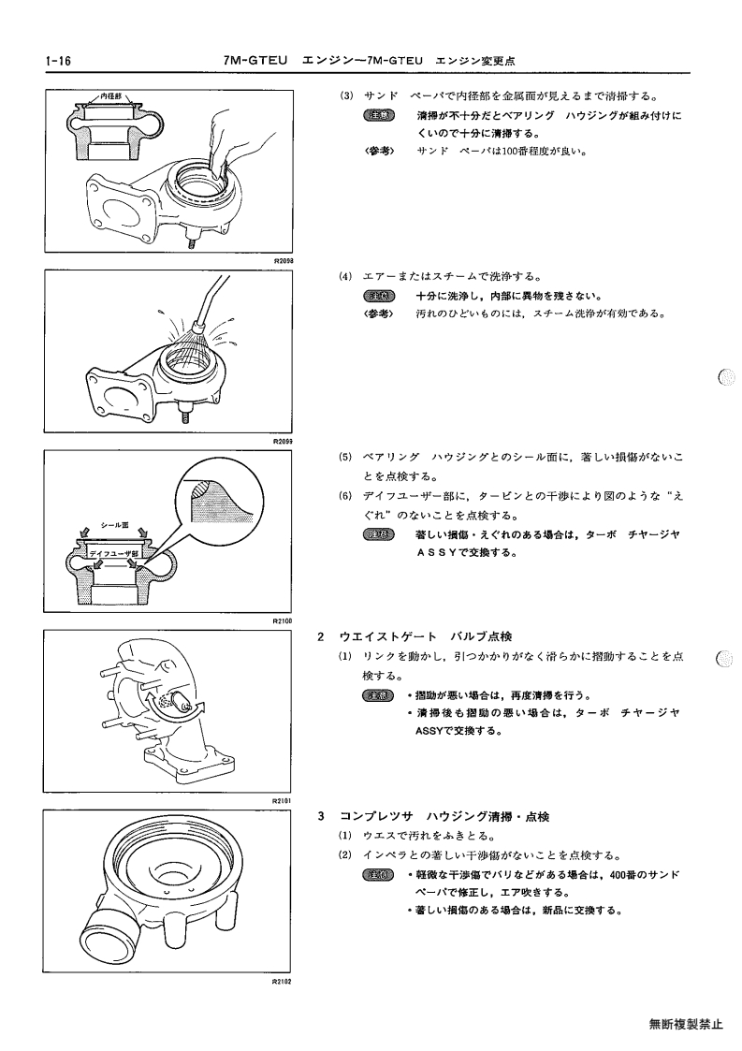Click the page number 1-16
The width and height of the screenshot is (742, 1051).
58,61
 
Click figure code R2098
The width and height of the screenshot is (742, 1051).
284,260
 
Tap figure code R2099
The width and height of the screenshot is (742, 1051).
284,442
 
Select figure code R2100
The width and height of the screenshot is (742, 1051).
284,620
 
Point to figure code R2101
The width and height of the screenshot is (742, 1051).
284,800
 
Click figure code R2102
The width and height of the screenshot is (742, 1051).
284,981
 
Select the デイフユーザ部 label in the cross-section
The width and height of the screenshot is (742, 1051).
114,554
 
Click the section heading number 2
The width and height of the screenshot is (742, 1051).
321,636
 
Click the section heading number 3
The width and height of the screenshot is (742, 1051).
321,816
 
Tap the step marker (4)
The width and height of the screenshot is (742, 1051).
345,276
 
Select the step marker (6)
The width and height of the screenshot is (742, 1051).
345,497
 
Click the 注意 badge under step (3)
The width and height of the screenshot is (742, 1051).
379,115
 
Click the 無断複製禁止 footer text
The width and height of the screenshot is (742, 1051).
686,1024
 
